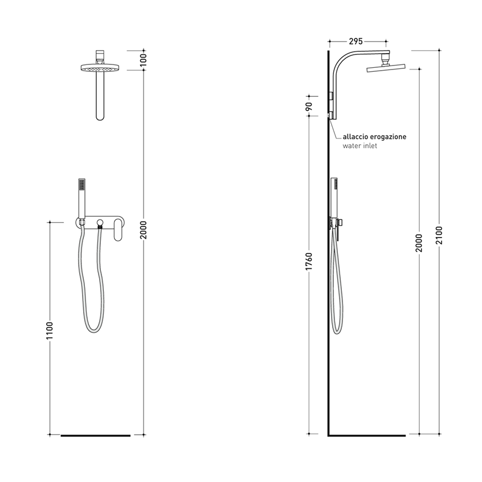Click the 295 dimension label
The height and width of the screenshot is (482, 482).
pos(356,41)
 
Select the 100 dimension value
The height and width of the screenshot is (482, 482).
pos(144,60)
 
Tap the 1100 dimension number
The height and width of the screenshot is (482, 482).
pos(50,331)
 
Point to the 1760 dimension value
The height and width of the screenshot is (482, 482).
pos(309,262)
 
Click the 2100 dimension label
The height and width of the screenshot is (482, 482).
pos(439,235)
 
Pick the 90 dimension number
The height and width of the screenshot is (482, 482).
pos(309,107)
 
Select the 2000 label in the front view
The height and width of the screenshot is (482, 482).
pos(144,230)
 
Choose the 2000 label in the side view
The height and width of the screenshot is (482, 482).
pos(419,243)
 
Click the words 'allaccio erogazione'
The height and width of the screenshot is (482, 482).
pos(374,137)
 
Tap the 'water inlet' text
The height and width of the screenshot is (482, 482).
pos(360,146)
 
